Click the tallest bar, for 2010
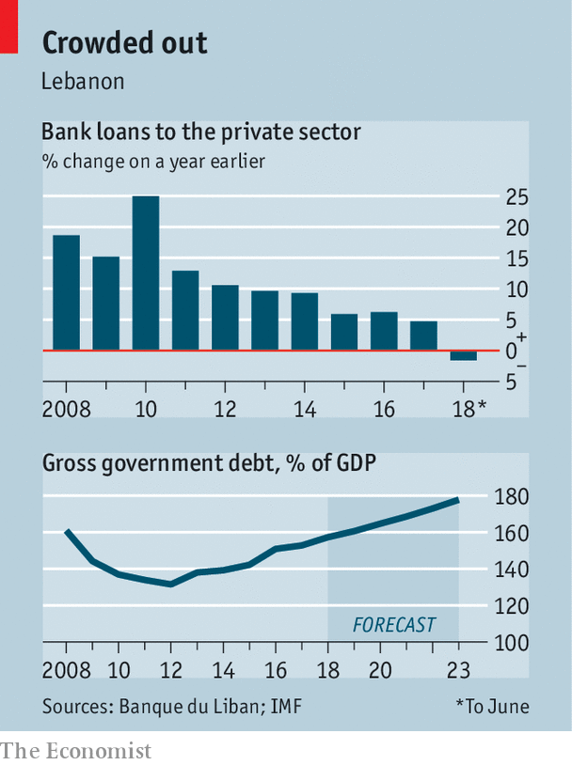(145, 273)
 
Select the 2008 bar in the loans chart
(66, 292)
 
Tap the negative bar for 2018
(463, 355)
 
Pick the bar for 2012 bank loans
(225, 317)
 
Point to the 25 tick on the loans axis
(516, 198)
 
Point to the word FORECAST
(393, 624)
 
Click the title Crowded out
(124, 43)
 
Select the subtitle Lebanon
(83, 81)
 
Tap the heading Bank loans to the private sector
(200, 132)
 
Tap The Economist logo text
(75, 750)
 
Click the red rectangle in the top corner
(9, 25)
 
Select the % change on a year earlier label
(153, 161)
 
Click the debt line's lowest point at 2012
(170, 584)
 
